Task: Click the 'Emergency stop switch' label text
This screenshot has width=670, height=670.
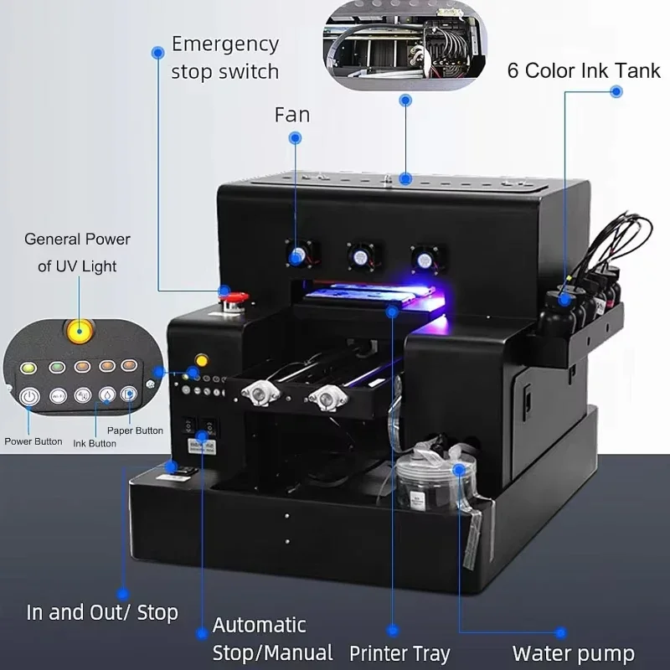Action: click(x=224, y=57)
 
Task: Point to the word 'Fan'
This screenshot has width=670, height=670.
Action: click(x=292, y=114)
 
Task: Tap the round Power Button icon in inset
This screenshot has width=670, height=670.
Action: click(x=30, y=395)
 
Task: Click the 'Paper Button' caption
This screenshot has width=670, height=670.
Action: click(x=135, y=430)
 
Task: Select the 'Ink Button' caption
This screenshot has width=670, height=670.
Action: click(x=95, y=443)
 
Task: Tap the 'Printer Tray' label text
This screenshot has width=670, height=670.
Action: click(x=399, y=653)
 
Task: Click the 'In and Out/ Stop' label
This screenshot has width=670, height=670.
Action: click(x=102, y=612)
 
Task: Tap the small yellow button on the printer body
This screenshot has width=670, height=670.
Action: click(x=201, y=361)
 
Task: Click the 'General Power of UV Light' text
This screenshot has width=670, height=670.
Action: click(x=77, y=252)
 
